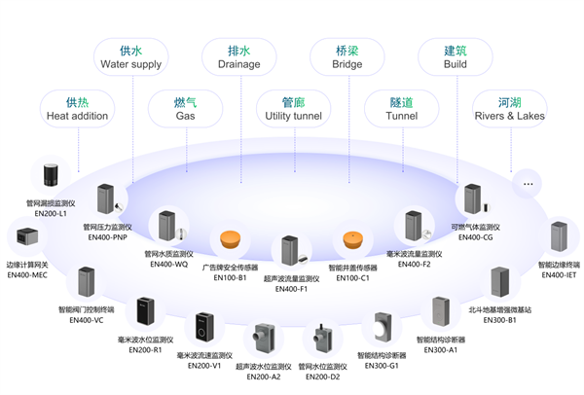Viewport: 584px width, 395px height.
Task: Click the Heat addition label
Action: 77,109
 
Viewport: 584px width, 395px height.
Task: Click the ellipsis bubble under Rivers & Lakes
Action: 529,182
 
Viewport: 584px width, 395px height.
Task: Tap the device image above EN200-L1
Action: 51,177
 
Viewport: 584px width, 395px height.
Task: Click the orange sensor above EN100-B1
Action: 230,240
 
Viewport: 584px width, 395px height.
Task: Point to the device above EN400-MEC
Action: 23,237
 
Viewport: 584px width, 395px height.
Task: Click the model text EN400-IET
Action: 559,275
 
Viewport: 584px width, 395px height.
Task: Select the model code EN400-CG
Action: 474,236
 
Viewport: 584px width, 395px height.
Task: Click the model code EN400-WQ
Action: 168,264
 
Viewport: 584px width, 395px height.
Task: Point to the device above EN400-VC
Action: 86,283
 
